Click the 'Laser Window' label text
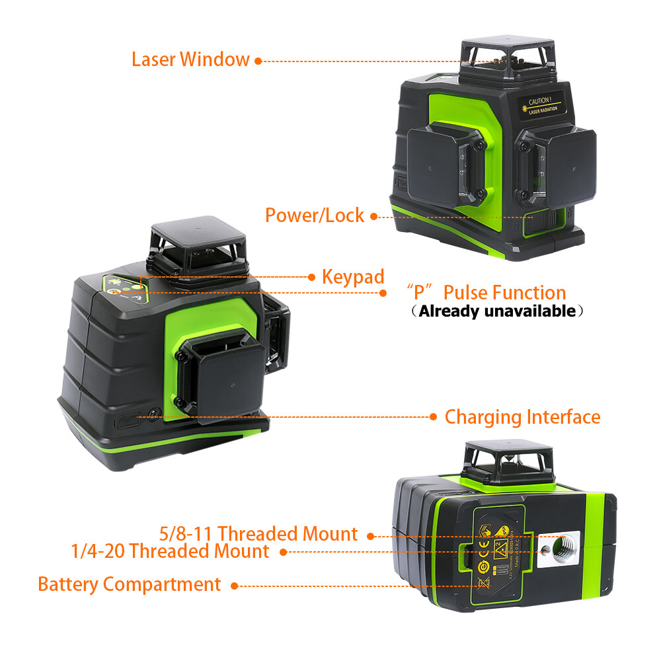point(190,59)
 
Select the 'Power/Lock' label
point(315,215)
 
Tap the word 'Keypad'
point(353,277)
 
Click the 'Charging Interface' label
point(522,417)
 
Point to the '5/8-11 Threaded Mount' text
point(258,533)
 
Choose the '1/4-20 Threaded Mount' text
point(171,551)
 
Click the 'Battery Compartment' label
point(130,584)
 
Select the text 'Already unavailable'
point(497,311)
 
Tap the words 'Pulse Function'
point(504,293)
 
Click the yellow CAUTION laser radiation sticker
point(539,105)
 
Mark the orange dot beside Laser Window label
point(258,61)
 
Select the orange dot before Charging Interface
point(433,417)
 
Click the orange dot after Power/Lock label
point(373,216)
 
